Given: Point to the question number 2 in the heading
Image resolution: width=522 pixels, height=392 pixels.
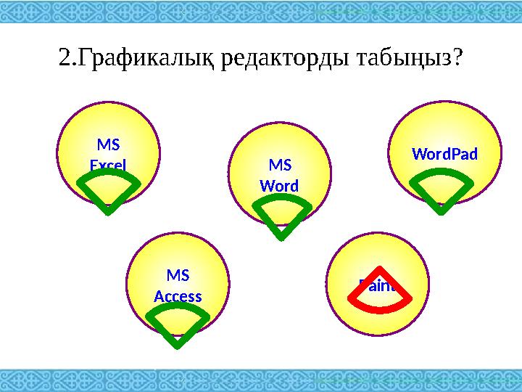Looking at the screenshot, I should (64, 57).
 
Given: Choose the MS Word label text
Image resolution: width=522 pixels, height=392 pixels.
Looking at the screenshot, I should (279, 176).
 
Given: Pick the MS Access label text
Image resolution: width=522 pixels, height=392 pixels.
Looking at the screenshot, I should (178, 286).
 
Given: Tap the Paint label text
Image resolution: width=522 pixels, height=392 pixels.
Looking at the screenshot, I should (378, 285).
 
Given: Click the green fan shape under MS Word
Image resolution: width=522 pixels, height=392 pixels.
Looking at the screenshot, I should (282, 217).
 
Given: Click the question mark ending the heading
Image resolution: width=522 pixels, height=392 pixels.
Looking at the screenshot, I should (456, 57).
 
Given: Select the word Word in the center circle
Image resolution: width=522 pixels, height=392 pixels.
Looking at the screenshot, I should (279, 186).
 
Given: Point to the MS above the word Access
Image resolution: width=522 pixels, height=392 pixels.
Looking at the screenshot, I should (178, 276).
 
